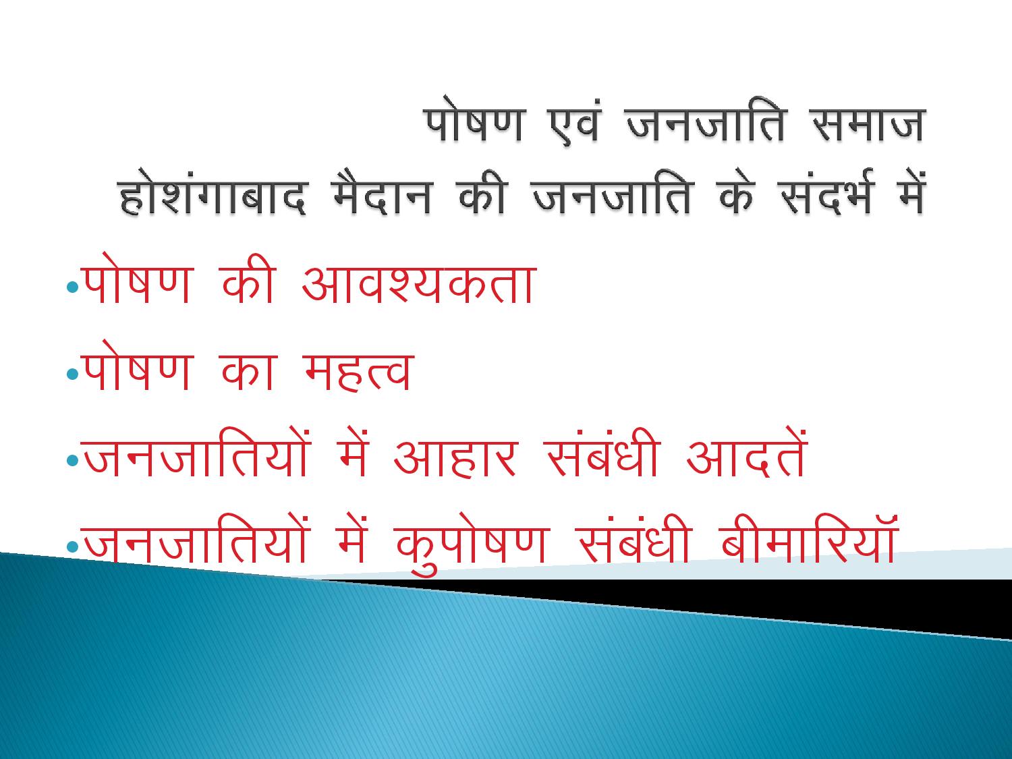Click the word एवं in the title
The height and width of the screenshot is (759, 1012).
573,123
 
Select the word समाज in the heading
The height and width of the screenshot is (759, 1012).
868,123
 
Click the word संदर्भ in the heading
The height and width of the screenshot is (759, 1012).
824,193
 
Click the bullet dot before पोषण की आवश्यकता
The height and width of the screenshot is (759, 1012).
73,287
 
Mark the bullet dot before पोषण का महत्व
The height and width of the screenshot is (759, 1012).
73,374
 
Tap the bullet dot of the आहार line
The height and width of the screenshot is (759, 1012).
73,460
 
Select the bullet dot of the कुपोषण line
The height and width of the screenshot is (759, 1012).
73,546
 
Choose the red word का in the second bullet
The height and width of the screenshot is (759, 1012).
249,372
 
